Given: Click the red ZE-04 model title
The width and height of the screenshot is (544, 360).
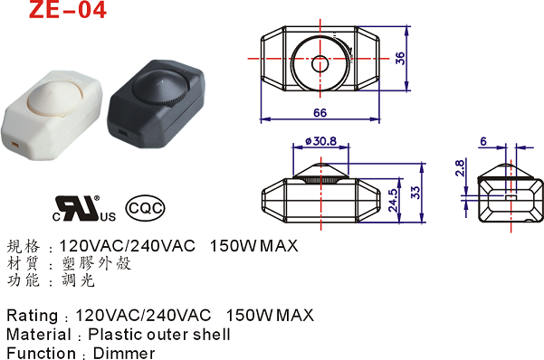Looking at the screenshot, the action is point(67,9).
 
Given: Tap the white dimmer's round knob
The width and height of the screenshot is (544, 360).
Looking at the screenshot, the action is point(55,98).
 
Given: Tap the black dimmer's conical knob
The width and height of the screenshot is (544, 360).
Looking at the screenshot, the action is point(160,88).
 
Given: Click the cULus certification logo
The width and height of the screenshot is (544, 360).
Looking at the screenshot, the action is point(83,208).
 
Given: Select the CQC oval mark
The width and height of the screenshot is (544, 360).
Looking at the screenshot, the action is point(145,208).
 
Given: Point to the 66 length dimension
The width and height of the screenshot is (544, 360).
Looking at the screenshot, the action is point(320,113).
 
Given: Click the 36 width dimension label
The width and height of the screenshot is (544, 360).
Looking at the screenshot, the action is point(400,58).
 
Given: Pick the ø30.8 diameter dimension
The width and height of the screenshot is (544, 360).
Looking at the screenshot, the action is point(320,141).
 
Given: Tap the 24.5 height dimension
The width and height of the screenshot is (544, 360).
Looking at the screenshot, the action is point(393,200).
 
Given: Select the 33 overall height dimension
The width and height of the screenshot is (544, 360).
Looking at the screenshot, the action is point(415,193).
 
